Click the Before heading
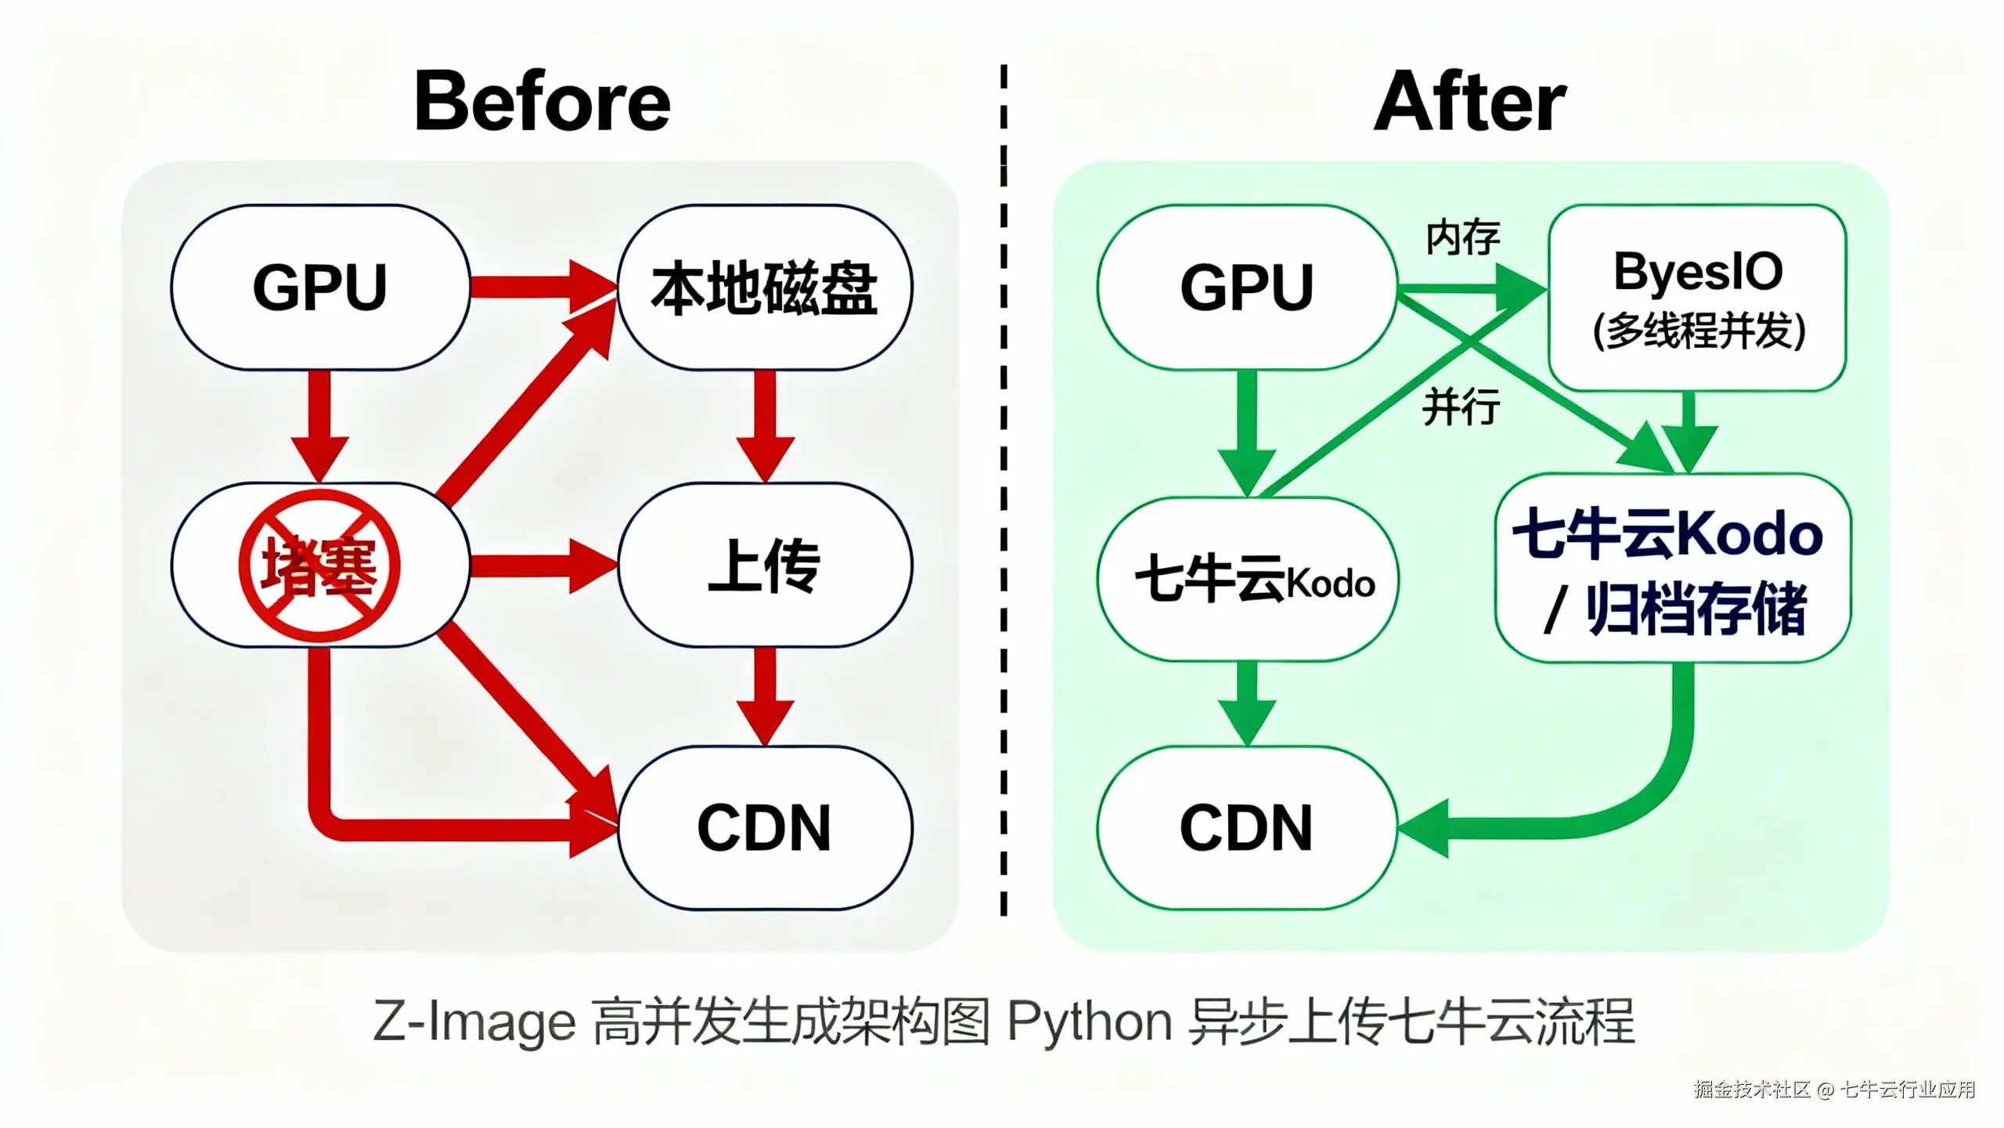click(x=542, y=102)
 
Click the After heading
click(x=1470, y=102)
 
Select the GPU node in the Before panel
click(x=320, y=287)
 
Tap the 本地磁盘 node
click(x=765, y=287)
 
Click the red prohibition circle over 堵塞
click(x=319, y=566)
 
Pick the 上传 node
click(x=765, y=566)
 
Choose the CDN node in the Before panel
click(x=765, y=828)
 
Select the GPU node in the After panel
click(x=1246, y=287)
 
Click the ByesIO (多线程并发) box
click(x=1697, y=298)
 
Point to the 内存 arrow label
click(x=1462, y=237)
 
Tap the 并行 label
click(x=1461, y=407)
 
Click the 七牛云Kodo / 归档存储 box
click(x=1672, y=569)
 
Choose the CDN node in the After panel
click(x=1246, y=828)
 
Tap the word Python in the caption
click(x=1089, y=1022)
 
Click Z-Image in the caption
click(x=474, y=1022)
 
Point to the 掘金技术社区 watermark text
click(x=1752, y=1090)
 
